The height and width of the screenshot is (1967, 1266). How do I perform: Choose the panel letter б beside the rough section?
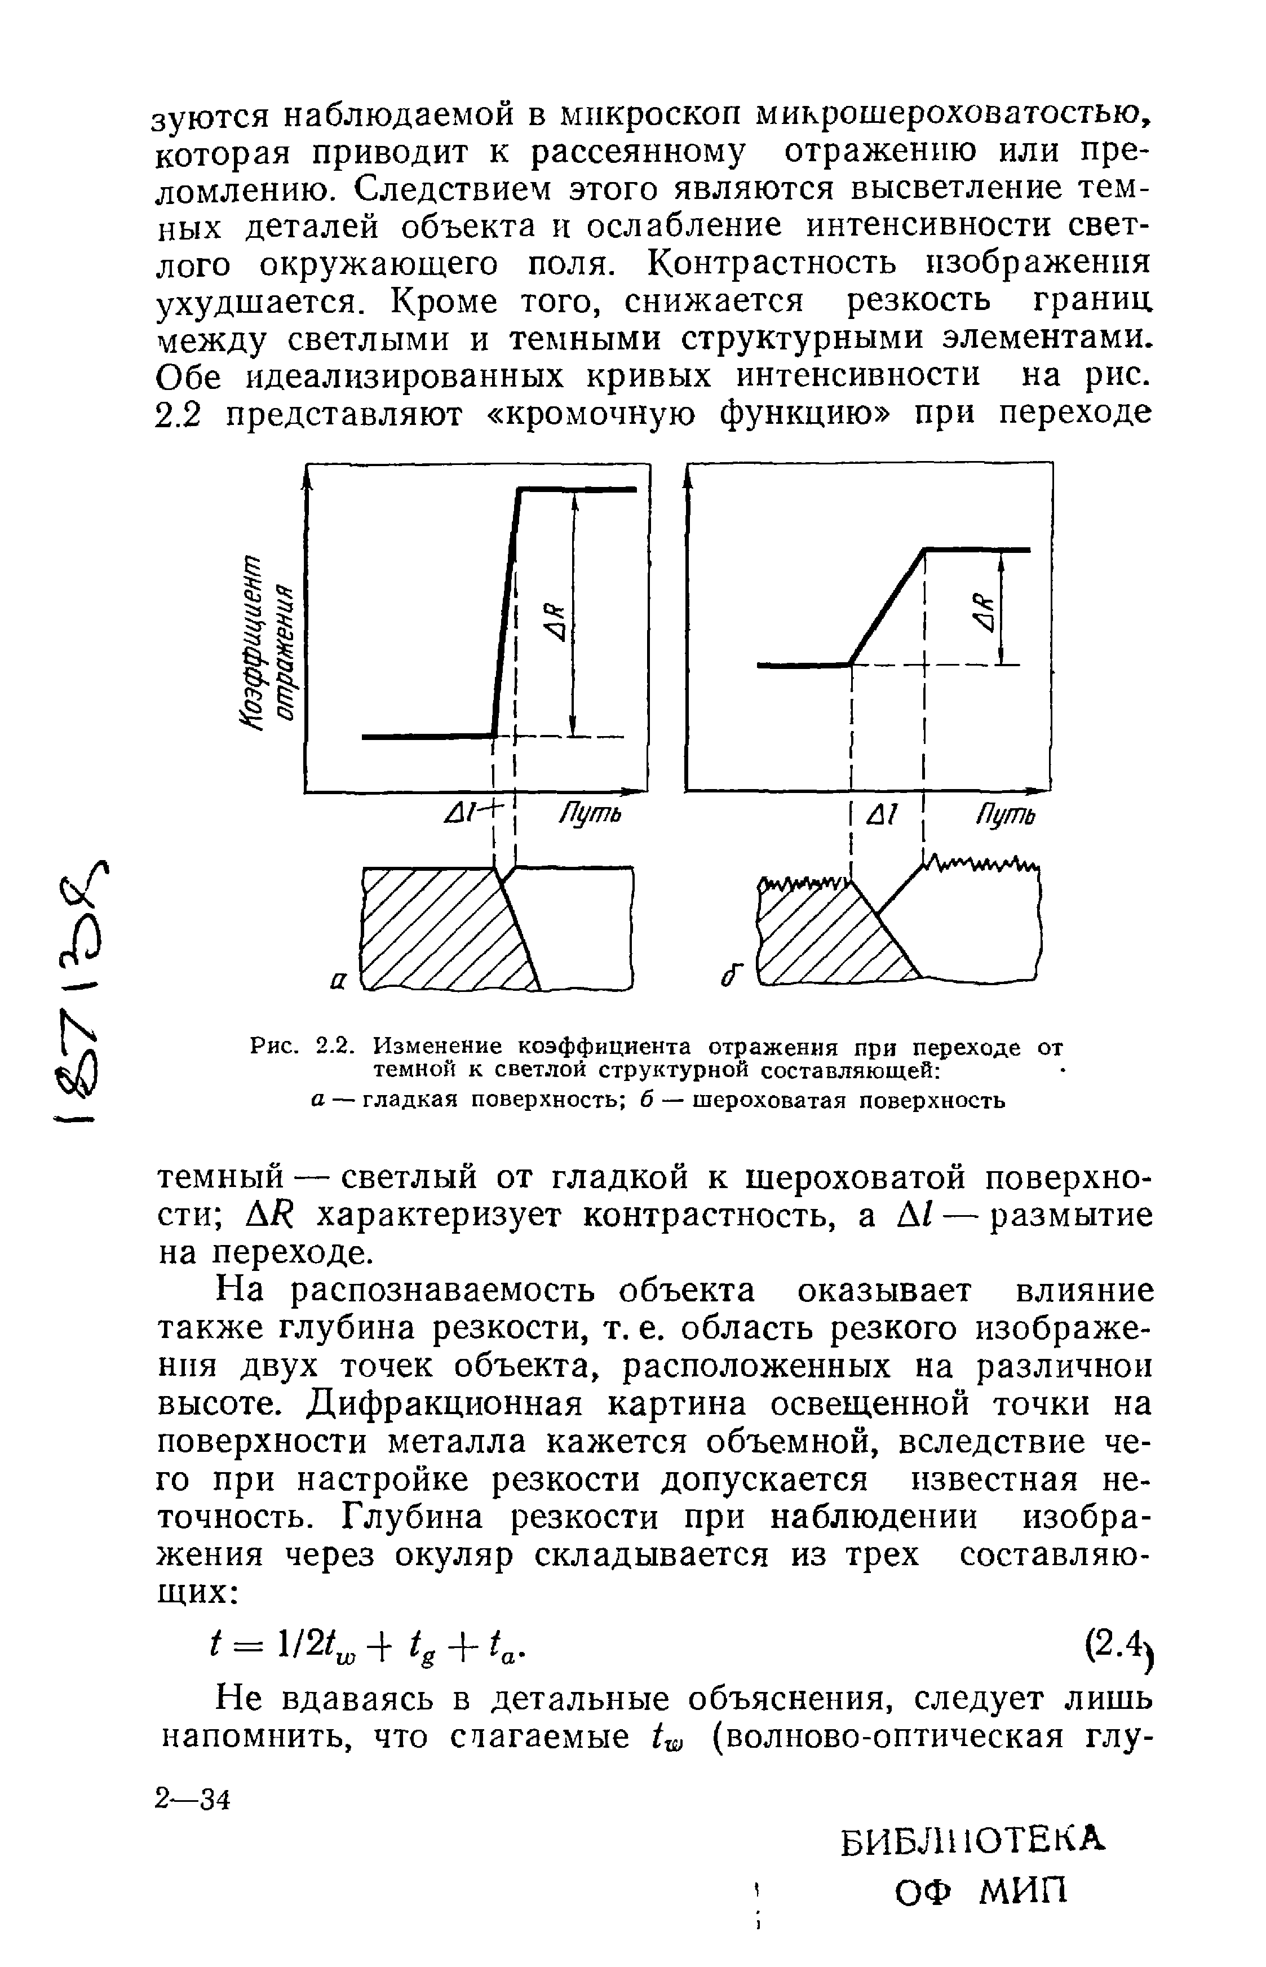point(731,976)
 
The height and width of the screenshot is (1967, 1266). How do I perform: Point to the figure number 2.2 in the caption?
point(335,1047)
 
